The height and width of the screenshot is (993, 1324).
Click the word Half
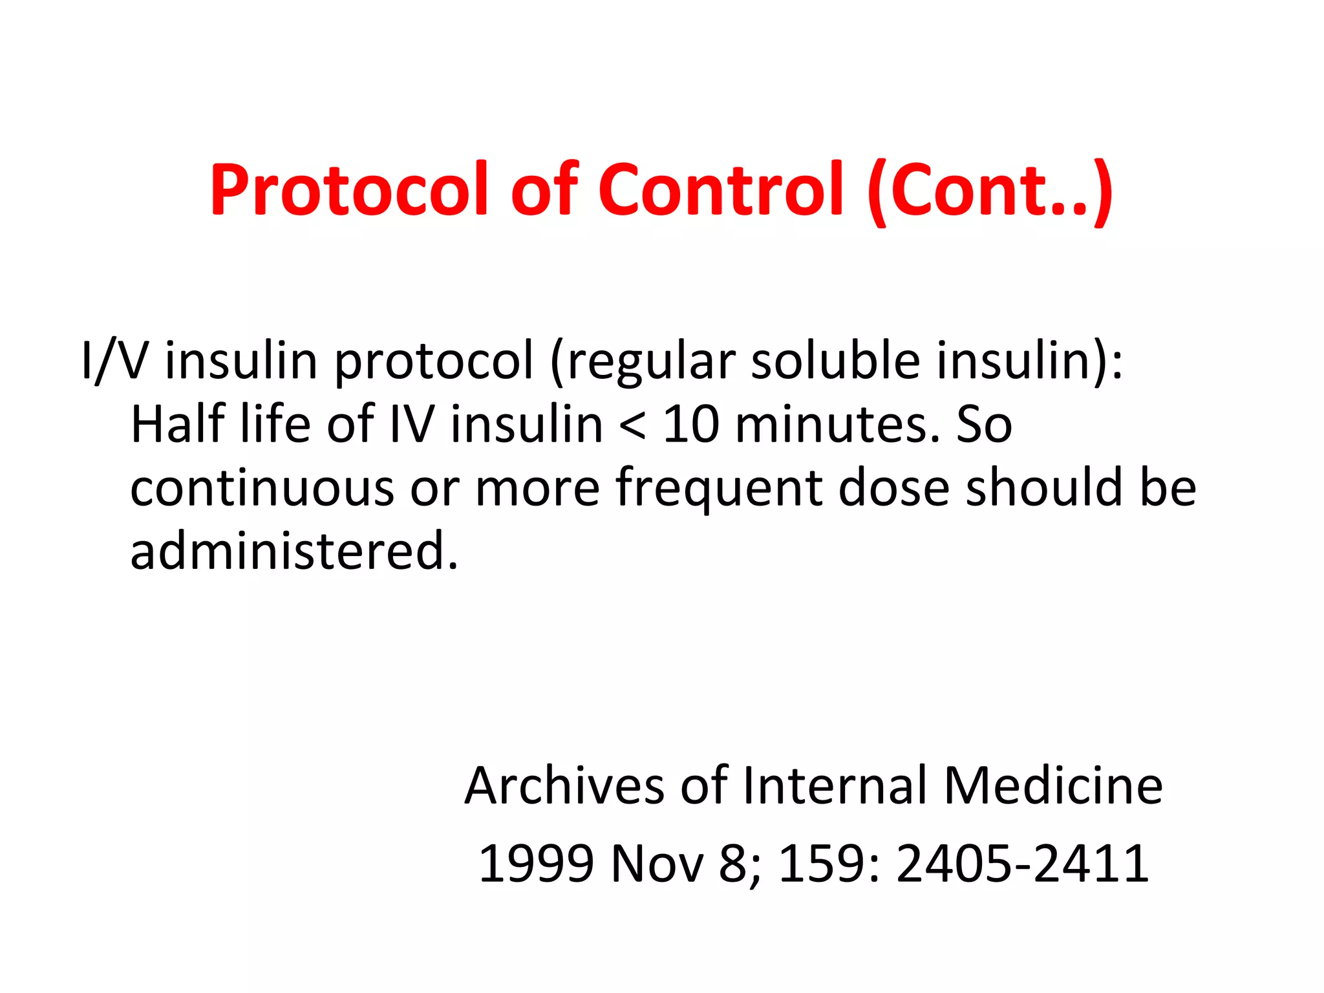coord(178,425)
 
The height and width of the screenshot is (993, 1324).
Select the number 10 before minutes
coord(691,425)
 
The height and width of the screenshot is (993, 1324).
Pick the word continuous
coord(262,488)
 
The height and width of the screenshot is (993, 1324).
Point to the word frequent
coord(718,488)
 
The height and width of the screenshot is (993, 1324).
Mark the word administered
coord(294,551)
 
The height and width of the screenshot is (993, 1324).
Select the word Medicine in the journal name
coord(1053,786)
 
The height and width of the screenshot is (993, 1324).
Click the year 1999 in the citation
coord(536,864)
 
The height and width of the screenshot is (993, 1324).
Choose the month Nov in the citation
coord(657,864)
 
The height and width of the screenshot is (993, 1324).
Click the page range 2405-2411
coord(1022,864)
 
